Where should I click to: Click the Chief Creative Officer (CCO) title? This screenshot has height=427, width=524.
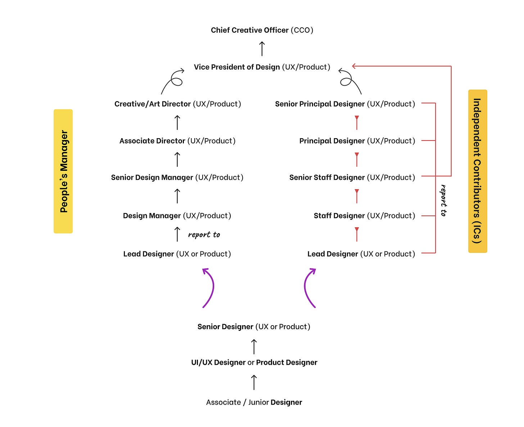click(x=262, y=30)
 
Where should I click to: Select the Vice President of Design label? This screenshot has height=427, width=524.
click(x=262, y=67)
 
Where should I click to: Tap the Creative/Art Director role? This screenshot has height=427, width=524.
click(x=178, y=104)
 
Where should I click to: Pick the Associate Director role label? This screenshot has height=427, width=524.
click(x=177, y=141)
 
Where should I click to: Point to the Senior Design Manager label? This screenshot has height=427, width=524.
click(x=177, y=177)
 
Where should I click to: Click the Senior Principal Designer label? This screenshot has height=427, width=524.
click(x=345, y=104)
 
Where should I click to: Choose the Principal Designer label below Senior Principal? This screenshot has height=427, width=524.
click(x=357, y=141)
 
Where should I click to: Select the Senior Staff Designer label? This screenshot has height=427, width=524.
click(x=352, y=177)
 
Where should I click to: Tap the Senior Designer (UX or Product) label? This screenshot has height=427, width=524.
click(x=254, y=326)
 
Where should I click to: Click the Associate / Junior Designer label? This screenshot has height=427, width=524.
click(x=254, y=402)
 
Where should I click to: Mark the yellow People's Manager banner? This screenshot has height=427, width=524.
click(x=63, y=171)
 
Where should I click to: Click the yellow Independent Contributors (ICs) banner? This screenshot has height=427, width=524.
click(x=478, y=171)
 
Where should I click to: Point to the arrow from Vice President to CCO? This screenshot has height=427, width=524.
click(x=262, y=49)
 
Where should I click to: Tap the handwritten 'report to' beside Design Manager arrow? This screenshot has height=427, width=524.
click(x=204, y=235)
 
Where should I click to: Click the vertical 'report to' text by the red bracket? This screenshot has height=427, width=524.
click(x=443, y=200)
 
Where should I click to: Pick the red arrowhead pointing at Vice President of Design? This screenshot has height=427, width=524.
click(x=354, y=66)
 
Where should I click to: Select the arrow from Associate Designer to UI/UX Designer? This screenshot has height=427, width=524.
click(x=254, y=382)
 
